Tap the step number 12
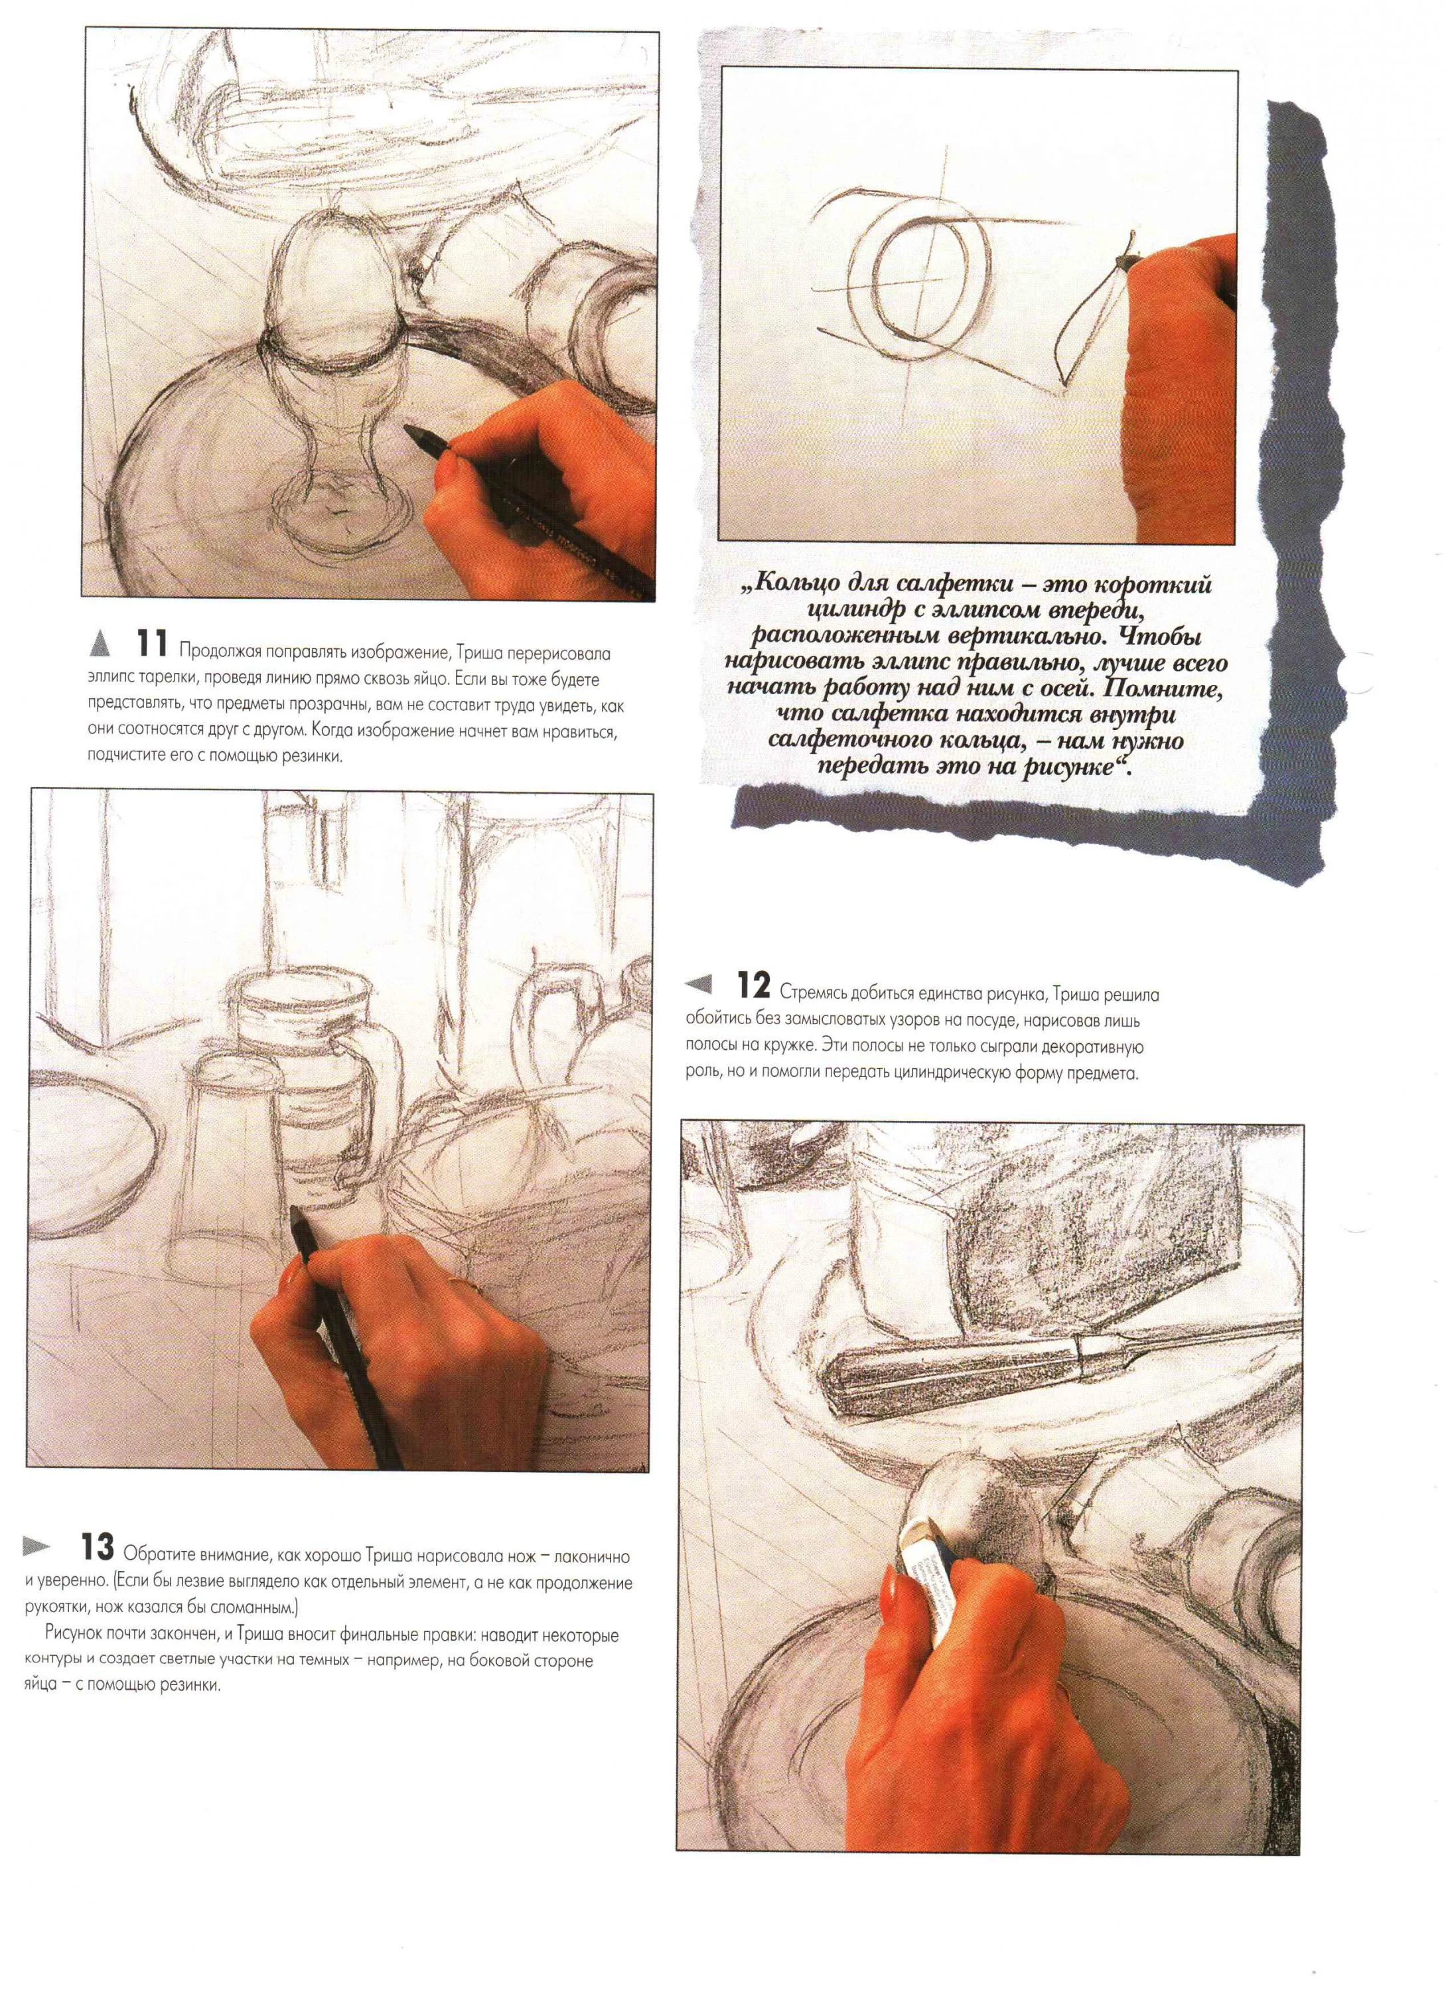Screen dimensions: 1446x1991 (x=754, y=988)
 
